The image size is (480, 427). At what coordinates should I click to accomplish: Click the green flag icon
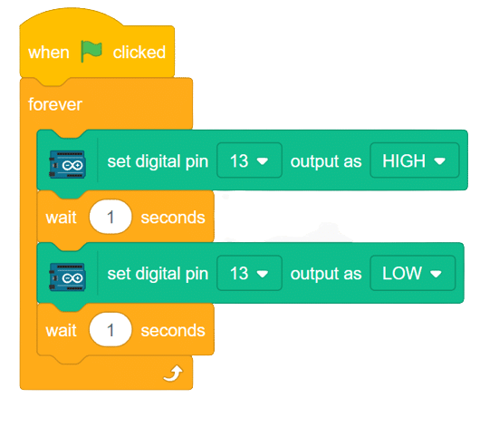[x=91, y=51]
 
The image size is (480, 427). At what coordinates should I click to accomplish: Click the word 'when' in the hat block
[x=49, y=53]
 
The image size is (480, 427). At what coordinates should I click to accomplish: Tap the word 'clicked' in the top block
[x=139, y=52]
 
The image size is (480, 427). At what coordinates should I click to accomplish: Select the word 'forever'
[x=55, y=104]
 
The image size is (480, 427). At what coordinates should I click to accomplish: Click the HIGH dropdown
[x=415, y=160]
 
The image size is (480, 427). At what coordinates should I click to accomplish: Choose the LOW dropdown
[x=413, y=273]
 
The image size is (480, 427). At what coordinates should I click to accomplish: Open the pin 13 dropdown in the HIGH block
[x=249, y=160]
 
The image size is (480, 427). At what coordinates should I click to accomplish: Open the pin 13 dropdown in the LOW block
[x=249, y=273]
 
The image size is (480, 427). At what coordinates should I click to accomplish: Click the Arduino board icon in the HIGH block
[x=67, y=164]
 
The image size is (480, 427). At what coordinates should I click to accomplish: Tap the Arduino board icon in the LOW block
[x=67, y=277]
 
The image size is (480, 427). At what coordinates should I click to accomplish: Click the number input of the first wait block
[x=110, y=217]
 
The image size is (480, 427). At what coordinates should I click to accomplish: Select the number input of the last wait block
[x=110, y=330]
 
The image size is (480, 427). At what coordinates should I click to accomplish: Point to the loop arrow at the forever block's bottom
[x=173, y=373]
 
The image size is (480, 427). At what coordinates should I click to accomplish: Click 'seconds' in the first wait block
[x=173, y=218]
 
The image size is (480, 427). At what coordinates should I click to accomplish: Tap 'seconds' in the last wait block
[x=173, y=330]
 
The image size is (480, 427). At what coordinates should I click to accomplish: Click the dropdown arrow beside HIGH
[x=440, y=161]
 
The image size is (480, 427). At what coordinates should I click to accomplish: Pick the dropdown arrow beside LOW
[x=436, y=274]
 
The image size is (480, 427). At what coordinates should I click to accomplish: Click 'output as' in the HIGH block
[x=326, y=161]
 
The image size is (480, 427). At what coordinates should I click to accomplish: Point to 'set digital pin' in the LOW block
[x=158, y=274]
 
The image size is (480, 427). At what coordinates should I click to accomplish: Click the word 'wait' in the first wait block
[x=62, y=218]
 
